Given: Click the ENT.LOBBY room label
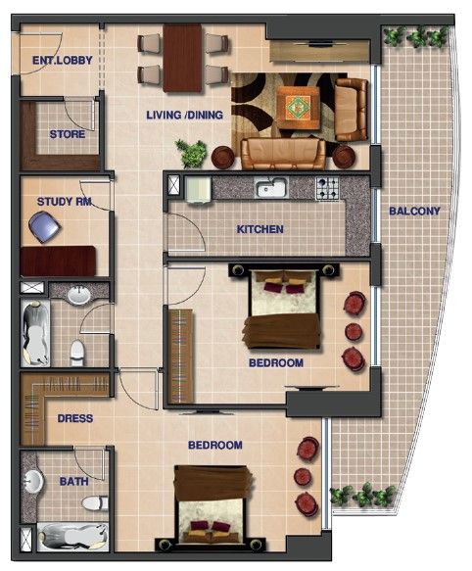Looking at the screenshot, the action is (63, 60).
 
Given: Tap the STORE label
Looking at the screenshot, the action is (68, 134).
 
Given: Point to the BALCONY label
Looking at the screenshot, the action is (414, 211).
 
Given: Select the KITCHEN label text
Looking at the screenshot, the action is (260, 229).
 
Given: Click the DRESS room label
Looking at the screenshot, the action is (75, 418).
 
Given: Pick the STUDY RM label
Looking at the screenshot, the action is (64, 202).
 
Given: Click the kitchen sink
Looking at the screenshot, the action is (271, 187).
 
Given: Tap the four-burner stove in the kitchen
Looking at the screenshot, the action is (327, 188).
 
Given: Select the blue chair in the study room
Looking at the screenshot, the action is (44, 227).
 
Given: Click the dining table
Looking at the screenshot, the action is (182, 58).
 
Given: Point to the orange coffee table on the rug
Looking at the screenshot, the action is (299, 108).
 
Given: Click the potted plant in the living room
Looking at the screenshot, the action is (192, 154).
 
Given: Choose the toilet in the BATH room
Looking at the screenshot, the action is (95, 503).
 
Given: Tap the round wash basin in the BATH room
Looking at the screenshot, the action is (33, 482).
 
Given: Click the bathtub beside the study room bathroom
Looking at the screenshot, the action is (35, 333).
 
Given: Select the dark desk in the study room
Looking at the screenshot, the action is (59, 261).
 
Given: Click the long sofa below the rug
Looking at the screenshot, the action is (283, 154).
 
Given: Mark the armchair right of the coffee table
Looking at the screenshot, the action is (352, 110).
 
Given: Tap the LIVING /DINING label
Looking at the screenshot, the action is (185, 115).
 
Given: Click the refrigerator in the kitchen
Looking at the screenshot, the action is (198, 190).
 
